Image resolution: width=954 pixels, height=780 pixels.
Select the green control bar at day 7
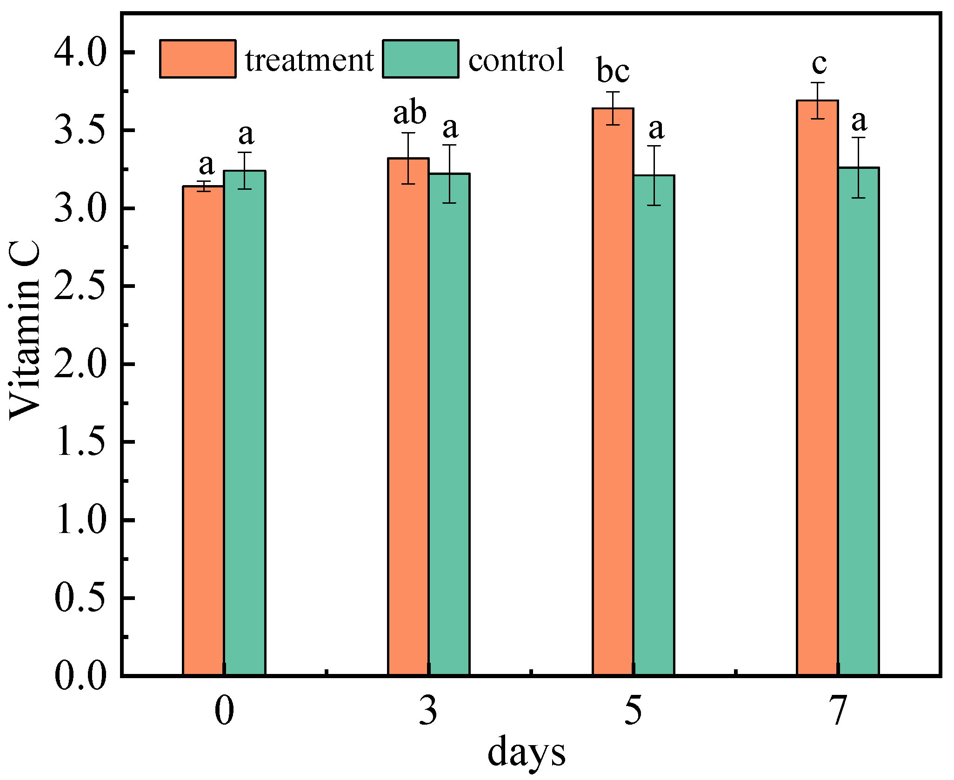[858, 421]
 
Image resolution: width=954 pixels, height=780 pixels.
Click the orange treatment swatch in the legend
[198, 59]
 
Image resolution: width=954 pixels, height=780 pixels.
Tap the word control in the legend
[516, 60]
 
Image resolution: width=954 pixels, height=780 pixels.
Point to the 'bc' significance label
[613, 71]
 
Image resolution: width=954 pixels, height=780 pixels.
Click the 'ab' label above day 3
[409, 113]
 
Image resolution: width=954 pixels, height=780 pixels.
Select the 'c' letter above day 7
[819, 64]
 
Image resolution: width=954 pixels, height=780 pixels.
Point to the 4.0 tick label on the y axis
[80, 52]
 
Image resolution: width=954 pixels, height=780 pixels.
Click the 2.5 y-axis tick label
[80, 286]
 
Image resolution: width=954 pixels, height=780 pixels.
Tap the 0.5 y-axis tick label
[80, 598]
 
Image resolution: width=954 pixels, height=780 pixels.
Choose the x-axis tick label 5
[633, 710]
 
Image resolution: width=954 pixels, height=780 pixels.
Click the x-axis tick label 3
[428, 710]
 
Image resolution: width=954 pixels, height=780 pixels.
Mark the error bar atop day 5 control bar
[654, 175]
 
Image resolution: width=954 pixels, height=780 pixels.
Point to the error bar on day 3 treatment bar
[408, 158]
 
